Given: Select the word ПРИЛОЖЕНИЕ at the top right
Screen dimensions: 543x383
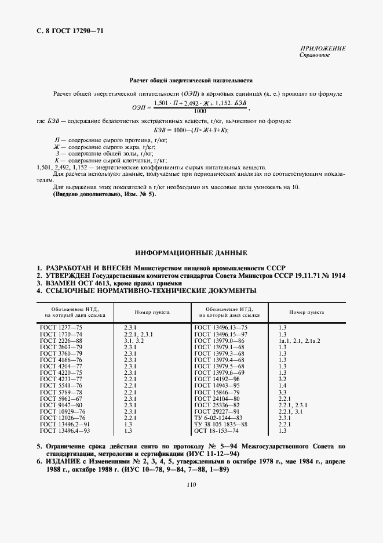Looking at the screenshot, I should (x=323, y=48).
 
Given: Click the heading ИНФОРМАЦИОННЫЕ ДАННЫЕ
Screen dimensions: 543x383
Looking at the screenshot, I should (x=191, y=254).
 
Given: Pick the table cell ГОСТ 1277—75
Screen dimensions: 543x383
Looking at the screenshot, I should (x=61, y=328).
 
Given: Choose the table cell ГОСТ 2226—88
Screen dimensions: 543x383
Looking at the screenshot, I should (x=61, y=341).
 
